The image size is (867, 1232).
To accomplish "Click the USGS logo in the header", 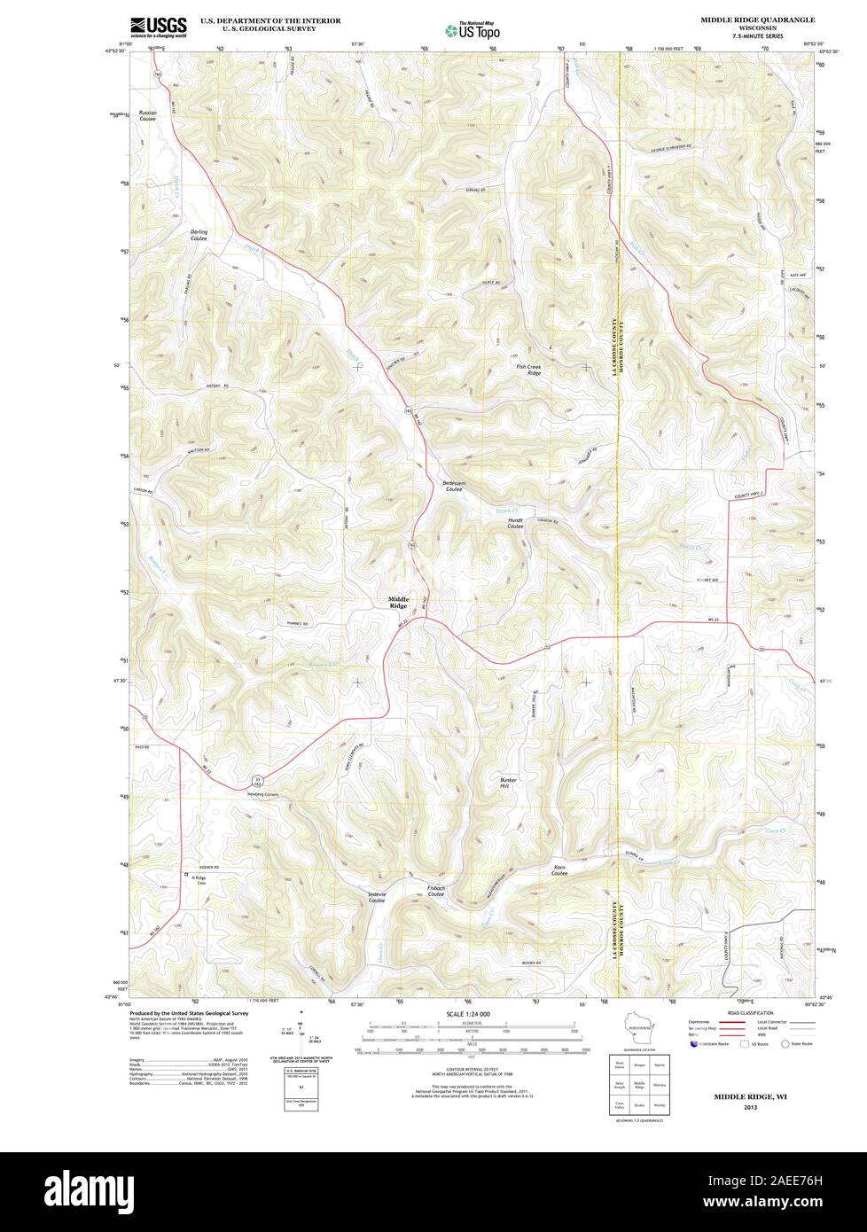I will (159, 27).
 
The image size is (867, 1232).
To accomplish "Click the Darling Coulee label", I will (199, 235).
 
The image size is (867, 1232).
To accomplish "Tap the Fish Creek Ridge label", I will (528, 370).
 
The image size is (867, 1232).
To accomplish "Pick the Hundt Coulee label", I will (515, 523).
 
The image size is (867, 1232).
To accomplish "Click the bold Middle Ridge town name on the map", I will (398, 602).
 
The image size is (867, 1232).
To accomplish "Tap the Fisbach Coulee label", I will (435, 890).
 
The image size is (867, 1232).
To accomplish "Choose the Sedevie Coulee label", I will (371, 897).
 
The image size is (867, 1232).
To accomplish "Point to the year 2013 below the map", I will (751, 1108).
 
